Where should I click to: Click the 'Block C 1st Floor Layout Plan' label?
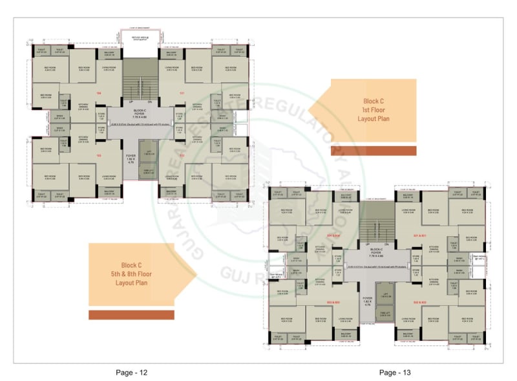(373, 110)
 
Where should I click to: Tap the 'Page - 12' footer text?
(133, 372)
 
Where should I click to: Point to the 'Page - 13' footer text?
(395, 372)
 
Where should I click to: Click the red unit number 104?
(99, 93)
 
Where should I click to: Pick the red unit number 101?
(182, 93)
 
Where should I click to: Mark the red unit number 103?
(99, 156)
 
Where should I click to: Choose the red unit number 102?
(182, 156)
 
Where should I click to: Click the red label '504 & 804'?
(333, 235)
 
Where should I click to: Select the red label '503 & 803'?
(333, 302)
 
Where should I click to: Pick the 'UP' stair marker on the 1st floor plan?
(131, 102)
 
